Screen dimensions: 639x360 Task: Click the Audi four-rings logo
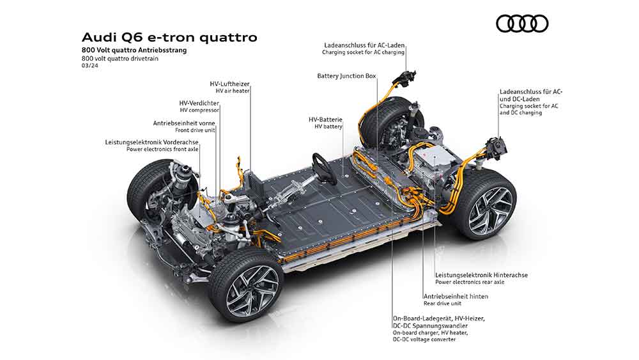coord(522,24)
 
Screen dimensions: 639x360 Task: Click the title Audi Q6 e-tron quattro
coord(169,37)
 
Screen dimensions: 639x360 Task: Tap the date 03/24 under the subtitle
coord(89,65)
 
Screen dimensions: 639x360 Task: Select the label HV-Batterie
coord(325,120)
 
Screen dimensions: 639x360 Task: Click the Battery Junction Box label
coord(346,76)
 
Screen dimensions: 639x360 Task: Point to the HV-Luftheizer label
coord(229,84)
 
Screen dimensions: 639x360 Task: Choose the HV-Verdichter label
coord(199,103)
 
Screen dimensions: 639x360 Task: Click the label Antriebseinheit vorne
coord(184,123)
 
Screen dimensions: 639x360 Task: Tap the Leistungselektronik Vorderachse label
coord(151,143)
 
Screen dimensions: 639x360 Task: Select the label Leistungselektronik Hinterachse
coord(481,275)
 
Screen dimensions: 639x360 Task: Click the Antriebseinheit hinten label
coord(456,297)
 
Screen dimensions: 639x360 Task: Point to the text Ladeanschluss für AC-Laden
coord(364,45)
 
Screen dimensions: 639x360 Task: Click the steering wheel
coord(324,166)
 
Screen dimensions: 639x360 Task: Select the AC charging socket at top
coord(406,77)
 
